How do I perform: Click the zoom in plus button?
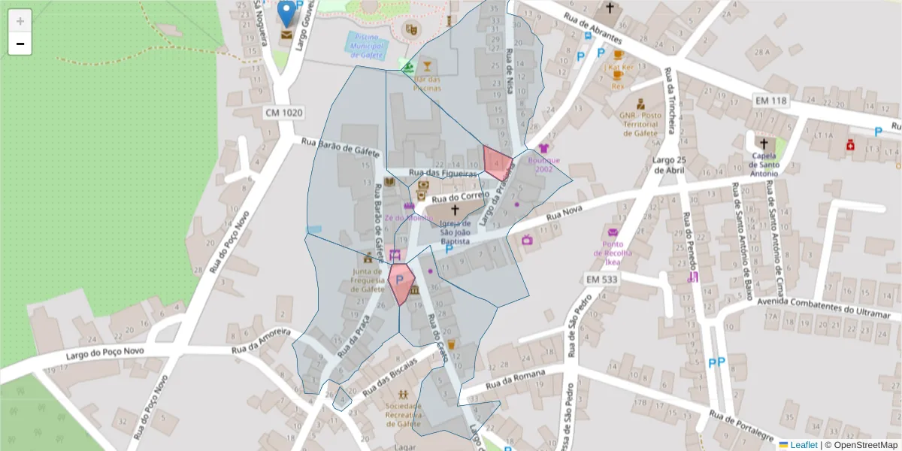pos(20,20)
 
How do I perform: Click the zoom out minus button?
pos(20,44)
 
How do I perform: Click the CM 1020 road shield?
pos(284,113)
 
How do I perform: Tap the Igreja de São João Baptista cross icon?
pos(455,210)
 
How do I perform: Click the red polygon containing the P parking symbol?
pos(401,283)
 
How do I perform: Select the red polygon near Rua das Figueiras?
pos(496,162)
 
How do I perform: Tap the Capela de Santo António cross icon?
pos(764,143)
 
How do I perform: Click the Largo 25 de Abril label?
pos(669,164)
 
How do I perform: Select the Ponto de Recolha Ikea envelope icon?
pos(613,232)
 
